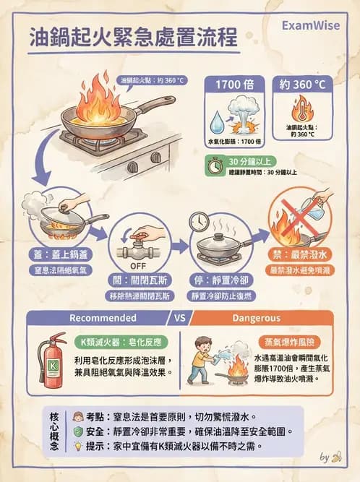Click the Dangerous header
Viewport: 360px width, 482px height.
click(x=256, y=317)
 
